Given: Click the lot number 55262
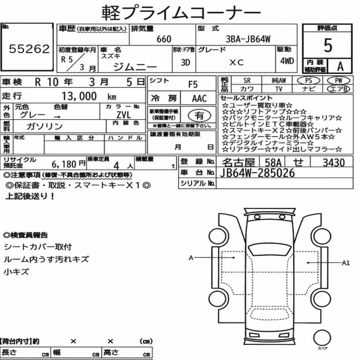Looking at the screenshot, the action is (29, 49).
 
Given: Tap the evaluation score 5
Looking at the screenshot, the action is (328, 45).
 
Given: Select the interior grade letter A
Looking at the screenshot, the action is (340, 66).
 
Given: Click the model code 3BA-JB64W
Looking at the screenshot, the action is (248, 39).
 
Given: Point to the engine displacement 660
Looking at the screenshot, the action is (164, 39).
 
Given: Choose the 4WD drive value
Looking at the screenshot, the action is (287, 61).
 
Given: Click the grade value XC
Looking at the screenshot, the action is (237, 62).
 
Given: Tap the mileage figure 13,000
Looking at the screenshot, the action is (79, 96).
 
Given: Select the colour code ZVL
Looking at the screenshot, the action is (123, 115).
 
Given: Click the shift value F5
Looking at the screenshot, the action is (193, 85).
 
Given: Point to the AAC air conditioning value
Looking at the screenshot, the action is (199, 99).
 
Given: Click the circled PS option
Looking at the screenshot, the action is (309, 81).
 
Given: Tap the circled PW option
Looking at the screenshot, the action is (338, 81).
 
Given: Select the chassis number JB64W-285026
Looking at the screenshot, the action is (257, 173).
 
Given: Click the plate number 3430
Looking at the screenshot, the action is (334, 163).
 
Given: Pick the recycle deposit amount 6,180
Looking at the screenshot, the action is (64, 164).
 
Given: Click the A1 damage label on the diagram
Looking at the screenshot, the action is (346, 263).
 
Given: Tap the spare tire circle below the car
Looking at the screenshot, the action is (322, 338).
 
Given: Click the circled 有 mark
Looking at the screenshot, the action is (199, 116).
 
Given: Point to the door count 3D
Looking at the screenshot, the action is (185, 62).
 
